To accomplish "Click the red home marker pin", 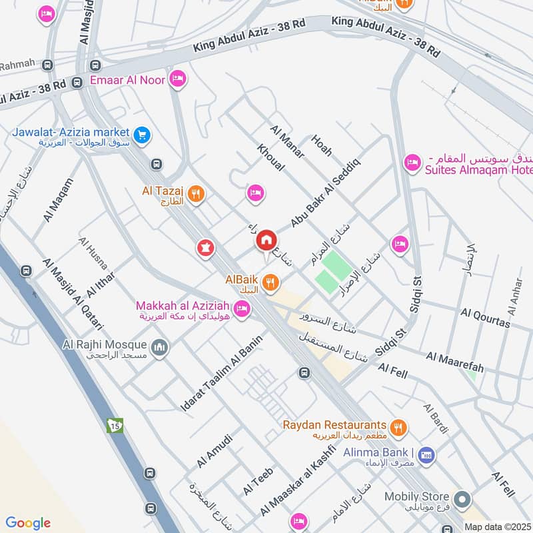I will tap(266, 241).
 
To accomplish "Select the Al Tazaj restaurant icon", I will tap(195, 194).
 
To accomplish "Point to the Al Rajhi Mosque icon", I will tap(159, 347).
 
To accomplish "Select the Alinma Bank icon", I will tap(427, 454).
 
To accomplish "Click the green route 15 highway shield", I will tap(115, 425).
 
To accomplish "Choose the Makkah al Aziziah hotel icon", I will tap(242, 308).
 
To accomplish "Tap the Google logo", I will tap(28, 523).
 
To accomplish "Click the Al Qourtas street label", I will tap(485, 318).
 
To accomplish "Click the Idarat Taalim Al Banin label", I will tap(222, 372).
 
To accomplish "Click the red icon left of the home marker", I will tap(206, 249).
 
